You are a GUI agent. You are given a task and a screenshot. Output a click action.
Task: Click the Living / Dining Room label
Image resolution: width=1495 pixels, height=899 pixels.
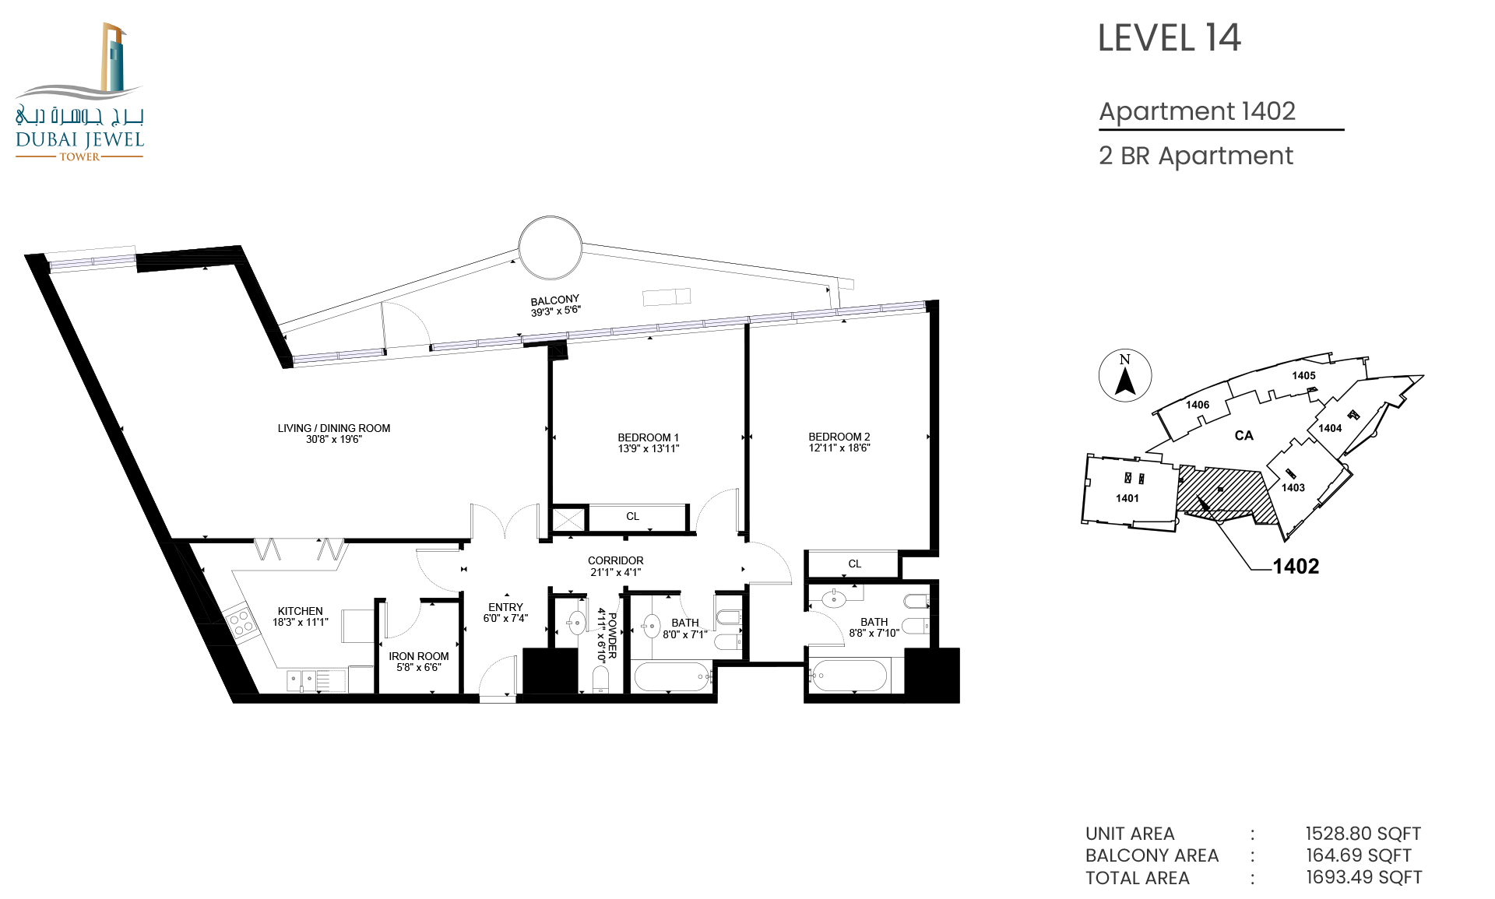(334, 428)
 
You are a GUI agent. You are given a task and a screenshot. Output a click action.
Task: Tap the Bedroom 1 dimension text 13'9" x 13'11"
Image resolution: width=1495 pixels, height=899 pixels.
(649, 448)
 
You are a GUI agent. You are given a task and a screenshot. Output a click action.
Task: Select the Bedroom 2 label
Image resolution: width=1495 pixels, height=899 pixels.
(839, 437)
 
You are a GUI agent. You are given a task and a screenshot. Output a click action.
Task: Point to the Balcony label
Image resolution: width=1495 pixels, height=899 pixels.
(555, 300)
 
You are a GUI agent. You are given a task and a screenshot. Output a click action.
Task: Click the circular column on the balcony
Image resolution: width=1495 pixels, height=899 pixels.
(551, 248)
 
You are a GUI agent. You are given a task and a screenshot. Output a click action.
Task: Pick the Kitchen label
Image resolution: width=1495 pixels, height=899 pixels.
(301, 611)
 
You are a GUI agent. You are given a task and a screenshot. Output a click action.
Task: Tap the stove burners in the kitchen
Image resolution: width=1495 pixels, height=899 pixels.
(242, 622)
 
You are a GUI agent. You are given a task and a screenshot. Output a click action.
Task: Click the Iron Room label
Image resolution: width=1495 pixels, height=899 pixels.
(419, 656)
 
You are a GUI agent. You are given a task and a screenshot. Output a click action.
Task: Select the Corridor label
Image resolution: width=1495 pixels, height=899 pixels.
(616, 560)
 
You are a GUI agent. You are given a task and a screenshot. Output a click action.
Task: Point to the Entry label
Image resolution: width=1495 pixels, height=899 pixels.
(506, 607)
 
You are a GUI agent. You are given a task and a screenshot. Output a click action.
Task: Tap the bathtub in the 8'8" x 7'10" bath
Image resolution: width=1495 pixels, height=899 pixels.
(849, 676)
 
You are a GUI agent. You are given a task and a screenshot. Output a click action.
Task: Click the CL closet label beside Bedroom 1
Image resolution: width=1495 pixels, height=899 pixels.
(633, 516)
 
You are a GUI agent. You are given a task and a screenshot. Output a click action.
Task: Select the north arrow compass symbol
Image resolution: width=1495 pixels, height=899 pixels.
(1125, 376)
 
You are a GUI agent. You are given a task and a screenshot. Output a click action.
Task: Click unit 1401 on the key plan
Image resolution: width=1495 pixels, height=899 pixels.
(1127, 498)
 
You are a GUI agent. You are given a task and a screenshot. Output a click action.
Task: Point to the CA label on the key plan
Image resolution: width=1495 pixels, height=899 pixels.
(1244, 436)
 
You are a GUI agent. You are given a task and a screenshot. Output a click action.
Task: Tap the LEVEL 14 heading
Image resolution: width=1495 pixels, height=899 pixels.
(1170, 38)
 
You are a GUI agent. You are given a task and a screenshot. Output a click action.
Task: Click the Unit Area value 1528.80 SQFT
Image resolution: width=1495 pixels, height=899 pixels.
(1363, 834)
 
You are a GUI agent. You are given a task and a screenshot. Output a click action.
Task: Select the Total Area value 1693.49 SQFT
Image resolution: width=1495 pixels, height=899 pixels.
(1364, 878)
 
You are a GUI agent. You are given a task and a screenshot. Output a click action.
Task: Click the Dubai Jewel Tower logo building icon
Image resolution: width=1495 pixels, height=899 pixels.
(114, 58)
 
